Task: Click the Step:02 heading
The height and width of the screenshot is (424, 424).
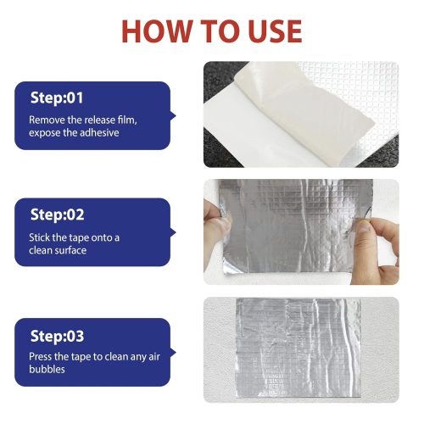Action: coord(57,215)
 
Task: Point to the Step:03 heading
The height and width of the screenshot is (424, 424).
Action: coord(57,336)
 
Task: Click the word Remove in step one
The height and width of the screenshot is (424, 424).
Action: coord(47,120)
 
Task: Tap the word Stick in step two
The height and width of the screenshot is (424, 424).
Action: coord(41,237)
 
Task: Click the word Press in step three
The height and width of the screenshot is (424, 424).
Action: coord(42,357)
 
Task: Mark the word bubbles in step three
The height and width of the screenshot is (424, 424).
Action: coord(47,371)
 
